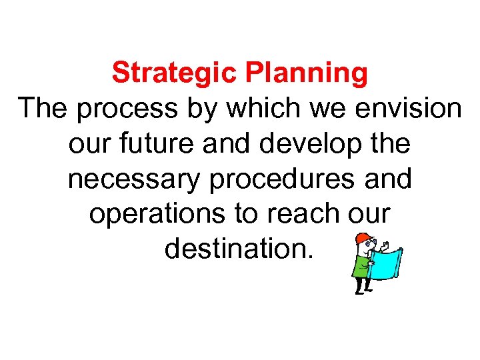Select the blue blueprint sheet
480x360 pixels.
[x=386, y=261]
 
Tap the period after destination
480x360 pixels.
[x=307, y=257]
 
